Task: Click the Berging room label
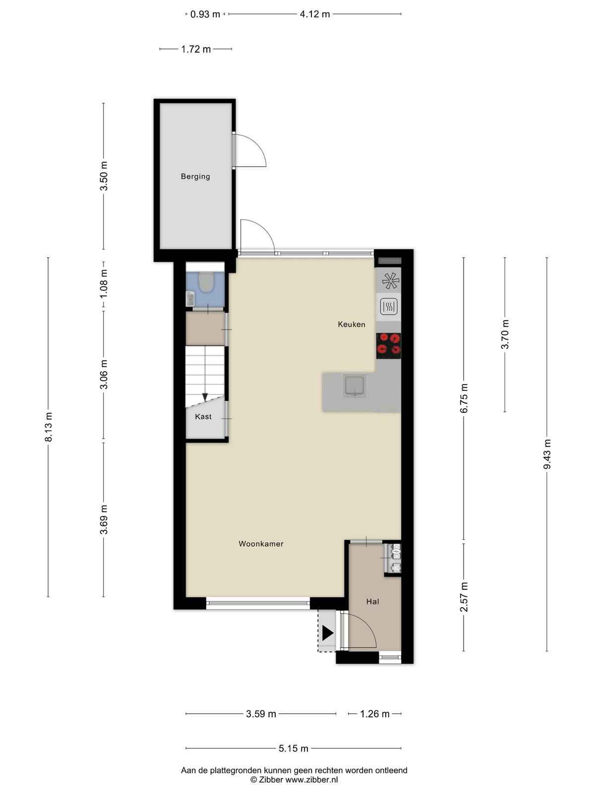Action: coord(195,176)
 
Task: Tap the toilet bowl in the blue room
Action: coord(206,282)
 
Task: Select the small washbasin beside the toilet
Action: coord(190,299)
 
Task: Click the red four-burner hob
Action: coord(388,345)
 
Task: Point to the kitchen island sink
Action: coord(355,386)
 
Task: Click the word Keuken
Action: coord(351,325)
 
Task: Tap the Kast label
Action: coord(203,416)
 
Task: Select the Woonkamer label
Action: coord(261,544)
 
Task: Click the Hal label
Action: coord(372,602)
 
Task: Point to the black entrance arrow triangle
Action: coord(327,633)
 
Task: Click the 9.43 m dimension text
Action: coord(547,454)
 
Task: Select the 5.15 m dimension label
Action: coord(294,748)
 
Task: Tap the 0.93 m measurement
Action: coord(205,14)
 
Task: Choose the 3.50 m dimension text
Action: coord(104,176)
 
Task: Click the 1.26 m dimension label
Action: coord(375,714)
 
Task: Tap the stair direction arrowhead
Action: coord(205,397)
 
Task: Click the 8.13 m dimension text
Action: coord(49,427)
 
